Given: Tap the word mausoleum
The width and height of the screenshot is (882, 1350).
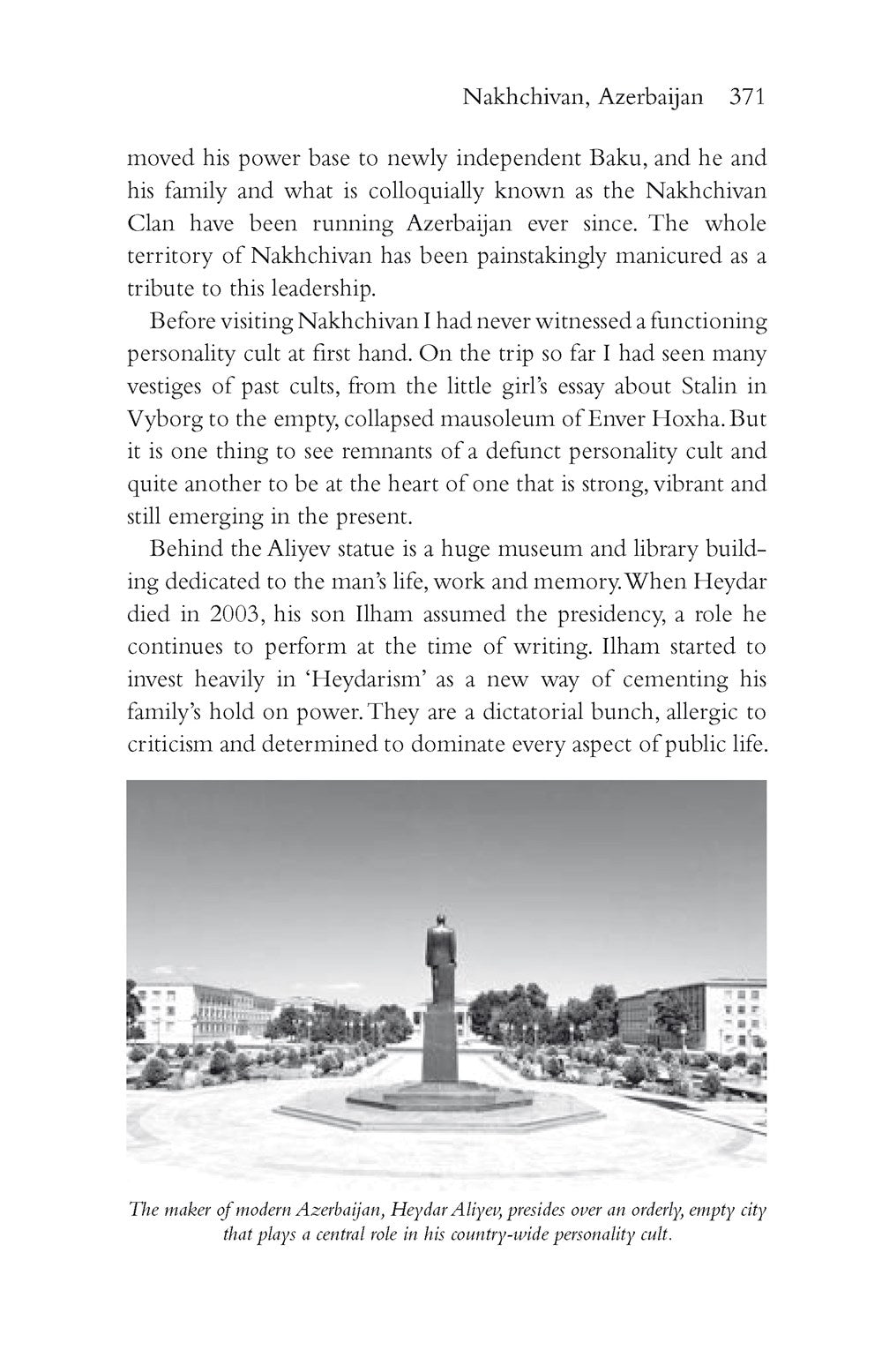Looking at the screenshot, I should coord(458,418).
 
